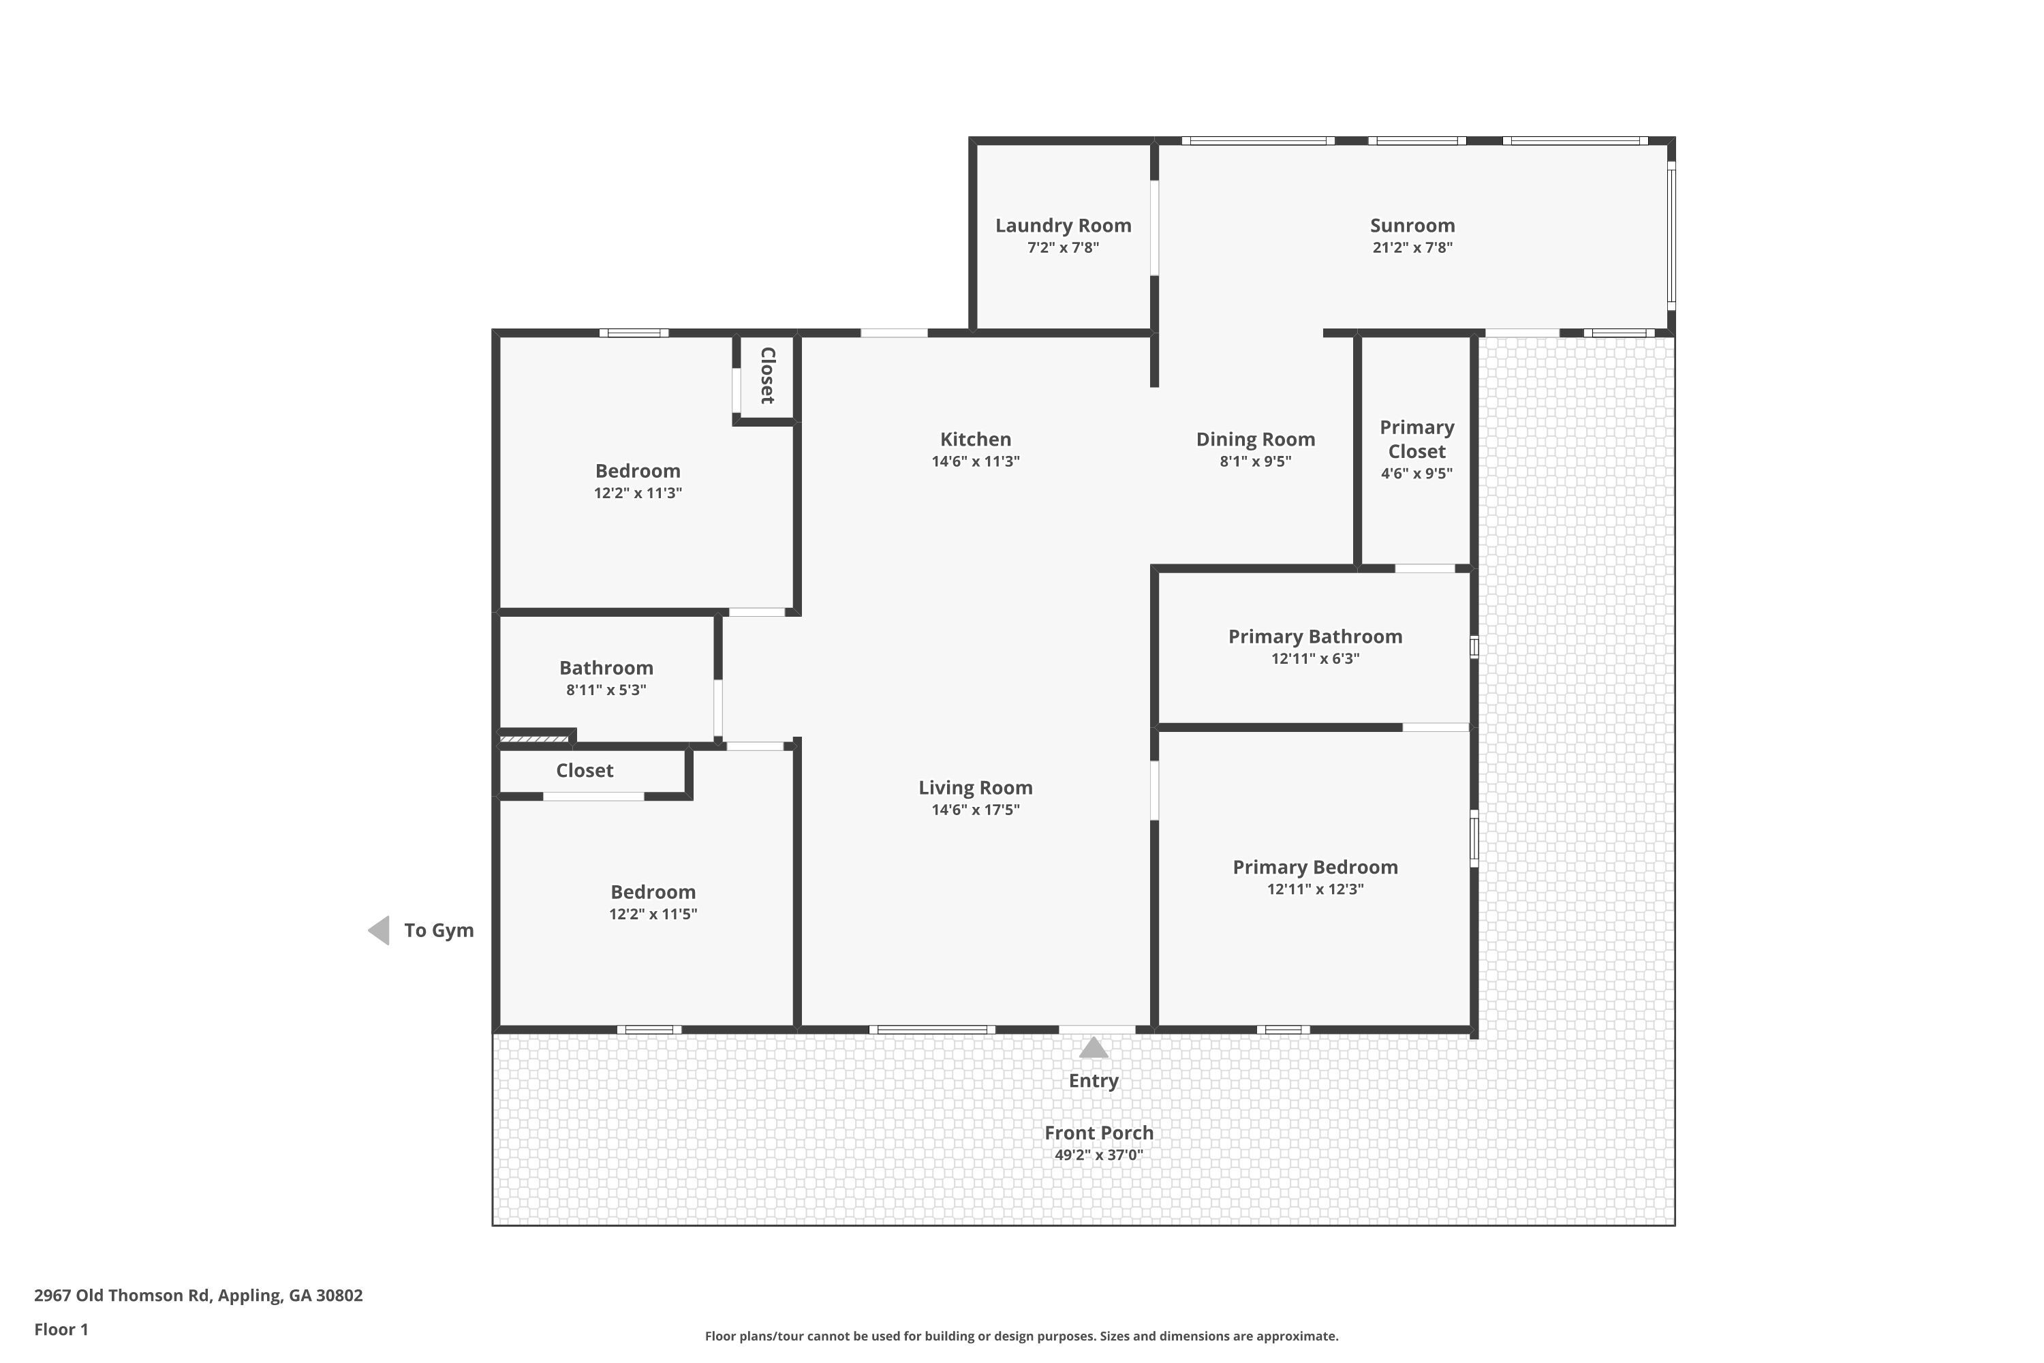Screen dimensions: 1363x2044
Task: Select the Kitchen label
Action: pos(975,440)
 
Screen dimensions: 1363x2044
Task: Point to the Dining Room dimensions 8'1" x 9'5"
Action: pos(1255,461)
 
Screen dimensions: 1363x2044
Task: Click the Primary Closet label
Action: pos(1416,440)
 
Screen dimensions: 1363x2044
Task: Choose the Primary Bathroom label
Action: pos(1315,637)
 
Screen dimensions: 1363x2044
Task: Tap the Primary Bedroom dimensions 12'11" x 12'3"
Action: pos(1315,889)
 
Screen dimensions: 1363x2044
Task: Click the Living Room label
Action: pos(975,788)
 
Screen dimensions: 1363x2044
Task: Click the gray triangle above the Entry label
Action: pos(1094,1048)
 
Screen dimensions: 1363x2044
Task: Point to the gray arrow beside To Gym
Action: pos(379,930)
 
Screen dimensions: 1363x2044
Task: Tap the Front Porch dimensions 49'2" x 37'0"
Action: pos(1098,1155)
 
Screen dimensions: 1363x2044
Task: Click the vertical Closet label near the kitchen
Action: pos(767,376)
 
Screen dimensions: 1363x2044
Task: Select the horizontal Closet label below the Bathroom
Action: pos(584,771)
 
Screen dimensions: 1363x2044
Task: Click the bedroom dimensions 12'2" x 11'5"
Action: pos(653,915)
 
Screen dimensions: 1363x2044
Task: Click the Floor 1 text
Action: pos(61,1329)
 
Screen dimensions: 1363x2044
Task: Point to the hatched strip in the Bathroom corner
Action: pos(533,739)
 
